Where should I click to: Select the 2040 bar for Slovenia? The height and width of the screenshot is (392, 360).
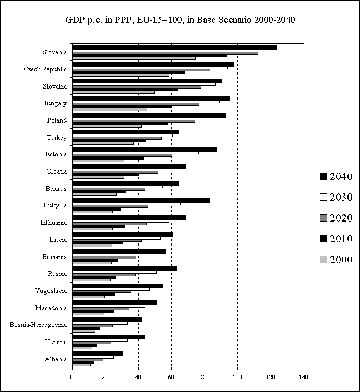pyautogui.click(x=174, y=47)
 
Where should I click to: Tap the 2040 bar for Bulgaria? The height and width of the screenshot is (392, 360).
pyautogui.click(x=141, y=200)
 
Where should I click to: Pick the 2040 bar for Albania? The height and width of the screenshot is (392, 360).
pyautogui.click(x=98, y=353)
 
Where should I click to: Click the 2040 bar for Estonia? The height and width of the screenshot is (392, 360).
pyautogui.click(x=144, y=149)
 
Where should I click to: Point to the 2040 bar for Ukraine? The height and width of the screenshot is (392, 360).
pyautogui.click(x=109, y=337)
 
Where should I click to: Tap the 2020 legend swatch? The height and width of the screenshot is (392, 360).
pyautogui.click(x=323, y=218)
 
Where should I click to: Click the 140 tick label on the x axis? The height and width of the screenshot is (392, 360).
pyautogui.click(x=304, y=377)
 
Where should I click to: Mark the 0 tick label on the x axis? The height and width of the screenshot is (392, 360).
pyautogui.click(x=72, y=377)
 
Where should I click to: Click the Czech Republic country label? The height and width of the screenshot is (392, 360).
pyautogui.click(x=45, y=69)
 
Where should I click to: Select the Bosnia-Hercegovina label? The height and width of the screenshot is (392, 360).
pyautogui.click(x=38, y=325)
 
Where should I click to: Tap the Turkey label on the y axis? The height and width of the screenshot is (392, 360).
pyautogui.click(x=56, y=138)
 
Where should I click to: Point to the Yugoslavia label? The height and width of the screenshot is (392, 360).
pyautogui.click(x=51, y=291)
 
